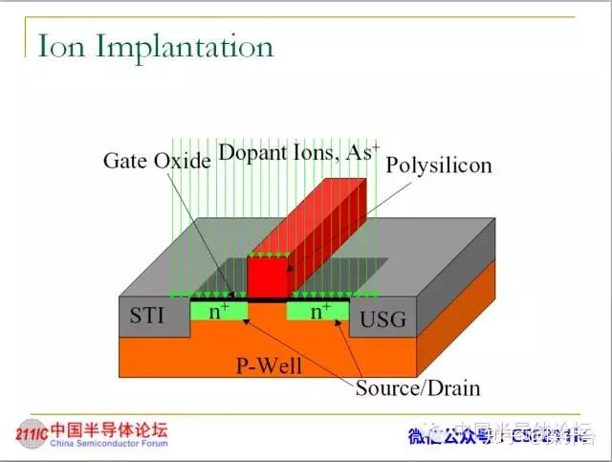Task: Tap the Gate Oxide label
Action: click(x=156, y=160)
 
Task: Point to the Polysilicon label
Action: click(x=438, y=165)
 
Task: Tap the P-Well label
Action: click(x=264, y=364)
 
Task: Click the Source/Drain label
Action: click(x=418, y=387)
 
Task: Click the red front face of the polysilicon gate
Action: click(x=267, y=276)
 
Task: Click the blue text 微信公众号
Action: click(x=447, y=437)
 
